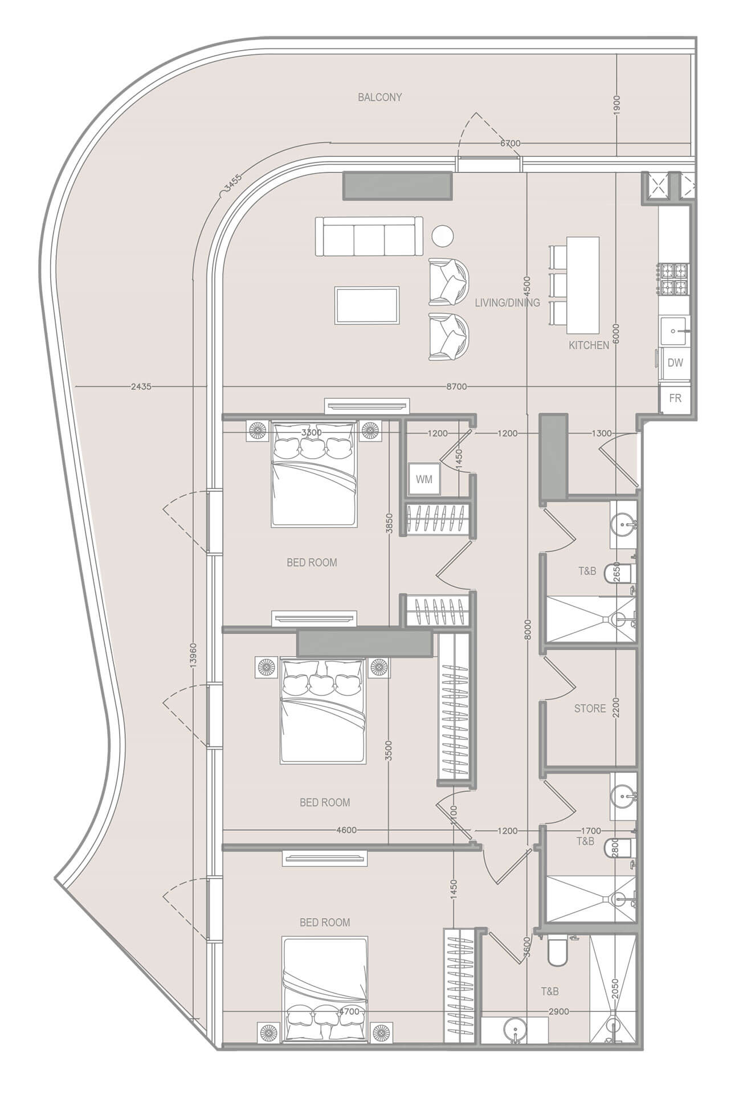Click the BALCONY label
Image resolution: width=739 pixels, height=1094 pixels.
[x=379, y=97]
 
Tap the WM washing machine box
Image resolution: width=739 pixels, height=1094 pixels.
[x=424, y=479]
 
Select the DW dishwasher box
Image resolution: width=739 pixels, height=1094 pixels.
[x=675, y=362]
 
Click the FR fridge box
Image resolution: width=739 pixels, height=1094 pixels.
[x=675, y=398]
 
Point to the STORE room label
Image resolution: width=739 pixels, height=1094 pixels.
[x=590, y=708]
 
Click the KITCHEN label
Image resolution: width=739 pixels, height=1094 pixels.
[x=589, y=345]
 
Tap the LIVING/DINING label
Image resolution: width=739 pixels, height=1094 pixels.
[x=507, y=303]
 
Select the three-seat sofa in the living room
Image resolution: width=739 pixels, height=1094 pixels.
[x=369, y=236]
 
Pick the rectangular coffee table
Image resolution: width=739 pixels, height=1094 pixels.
[x=367, y=306]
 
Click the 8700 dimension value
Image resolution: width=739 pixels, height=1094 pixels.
[x=456, y=386]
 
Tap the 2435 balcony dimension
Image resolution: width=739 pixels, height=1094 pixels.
[x=141, y=386]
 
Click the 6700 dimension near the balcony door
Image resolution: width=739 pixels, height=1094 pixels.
[x=510, y=143]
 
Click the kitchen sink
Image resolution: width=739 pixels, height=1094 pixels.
[x=674, y=330]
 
